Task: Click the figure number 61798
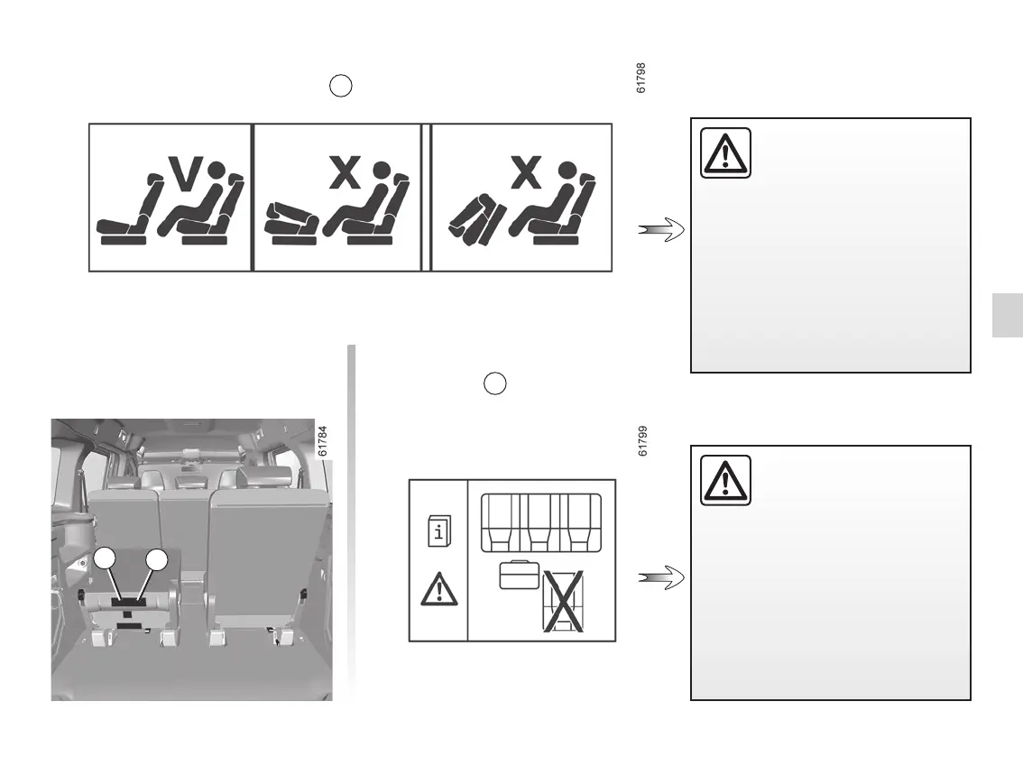[x=641, y=78]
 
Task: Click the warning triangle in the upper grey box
[x=725, y=153]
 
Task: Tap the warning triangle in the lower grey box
[x=725, y=480]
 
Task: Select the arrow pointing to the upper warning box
[x=662, y=231]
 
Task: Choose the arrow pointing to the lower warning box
[x=662, y=577]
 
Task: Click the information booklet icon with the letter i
[x=438, y=531]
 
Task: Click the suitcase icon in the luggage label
[x=519, y=575]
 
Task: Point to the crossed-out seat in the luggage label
[x=563, y=600]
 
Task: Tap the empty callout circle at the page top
[x=340, y=87]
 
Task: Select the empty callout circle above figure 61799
[x=494, y=383]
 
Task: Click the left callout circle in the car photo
[x=106, y=559]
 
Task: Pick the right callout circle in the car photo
[x=158, y=559]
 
